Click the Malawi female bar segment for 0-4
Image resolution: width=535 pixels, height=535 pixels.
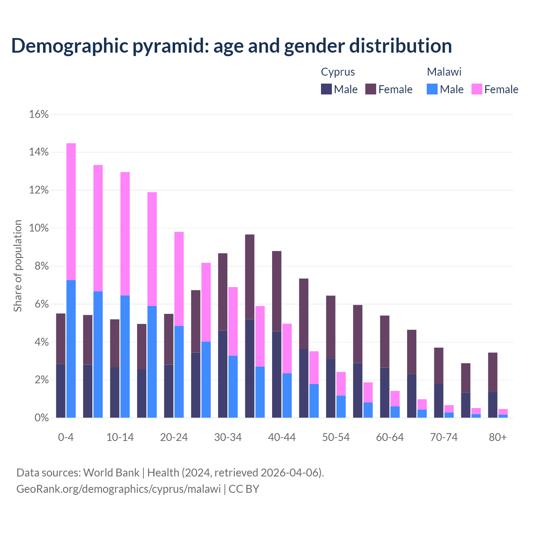(x=71, y=211)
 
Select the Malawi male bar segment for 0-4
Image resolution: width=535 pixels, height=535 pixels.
(x=71, y=349)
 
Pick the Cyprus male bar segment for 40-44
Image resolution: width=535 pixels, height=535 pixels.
(x=277, y=374)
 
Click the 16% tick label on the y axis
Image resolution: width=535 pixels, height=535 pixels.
(x=39, y=114)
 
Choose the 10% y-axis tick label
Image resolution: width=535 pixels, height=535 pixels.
(x=39, y=228)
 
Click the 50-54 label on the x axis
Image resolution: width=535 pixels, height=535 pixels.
(x=336, y=437)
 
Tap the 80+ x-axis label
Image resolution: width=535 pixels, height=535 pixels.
(x=498, y=437)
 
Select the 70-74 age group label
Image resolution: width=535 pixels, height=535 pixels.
(x=444, y=437)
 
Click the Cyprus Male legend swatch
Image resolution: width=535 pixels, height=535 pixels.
(x=326, y=89)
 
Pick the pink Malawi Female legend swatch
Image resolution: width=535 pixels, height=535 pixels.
(x=477, y=89)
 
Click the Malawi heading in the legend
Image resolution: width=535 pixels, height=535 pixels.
(x=444, y=72)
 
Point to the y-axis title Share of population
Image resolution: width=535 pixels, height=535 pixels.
(x=18, y=266)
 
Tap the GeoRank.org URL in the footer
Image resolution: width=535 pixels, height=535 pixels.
(x=118, y=489)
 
